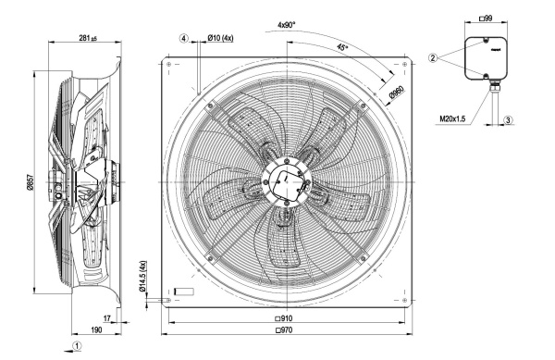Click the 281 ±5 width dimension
88,38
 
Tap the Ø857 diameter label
30,182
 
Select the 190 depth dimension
96,329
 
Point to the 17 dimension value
107,318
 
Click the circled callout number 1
77,345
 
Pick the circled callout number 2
434,57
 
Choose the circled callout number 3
508,120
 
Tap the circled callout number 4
183,38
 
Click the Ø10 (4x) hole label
220,38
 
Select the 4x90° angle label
287,25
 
